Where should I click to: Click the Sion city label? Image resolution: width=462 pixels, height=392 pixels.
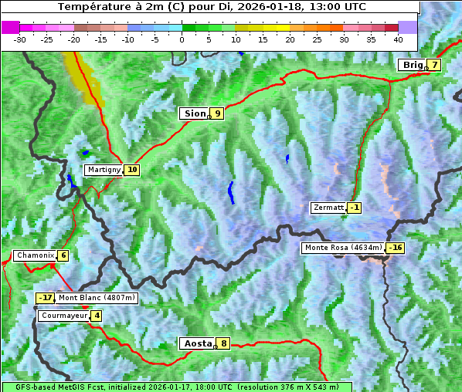194,113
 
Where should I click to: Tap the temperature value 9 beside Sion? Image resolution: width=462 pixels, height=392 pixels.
218,113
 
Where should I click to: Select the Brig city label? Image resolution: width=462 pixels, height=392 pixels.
413,65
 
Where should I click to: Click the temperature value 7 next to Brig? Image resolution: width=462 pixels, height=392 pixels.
435,65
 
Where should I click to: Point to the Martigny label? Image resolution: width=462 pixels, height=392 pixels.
104,170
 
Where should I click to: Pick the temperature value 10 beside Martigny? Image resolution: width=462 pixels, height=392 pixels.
132,170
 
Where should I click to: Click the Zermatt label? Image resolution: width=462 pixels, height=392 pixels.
328,208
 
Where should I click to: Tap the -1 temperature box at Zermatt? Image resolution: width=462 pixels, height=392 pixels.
354,208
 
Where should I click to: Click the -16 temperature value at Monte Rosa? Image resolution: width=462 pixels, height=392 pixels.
396,248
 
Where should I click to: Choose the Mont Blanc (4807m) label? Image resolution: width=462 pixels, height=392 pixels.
97,298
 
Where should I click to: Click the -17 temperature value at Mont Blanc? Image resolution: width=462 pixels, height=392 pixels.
46,298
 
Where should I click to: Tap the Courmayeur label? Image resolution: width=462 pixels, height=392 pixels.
64,316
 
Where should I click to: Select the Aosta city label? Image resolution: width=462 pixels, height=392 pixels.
197,343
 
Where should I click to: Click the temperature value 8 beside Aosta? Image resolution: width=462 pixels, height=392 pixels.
223,343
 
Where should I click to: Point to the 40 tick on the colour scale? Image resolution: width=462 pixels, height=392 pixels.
398,39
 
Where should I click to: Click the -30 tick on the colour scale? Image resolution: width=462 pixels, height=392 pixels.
20,39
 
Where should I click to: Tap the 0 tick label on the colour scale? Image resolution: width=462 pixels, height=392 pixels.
182,39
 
